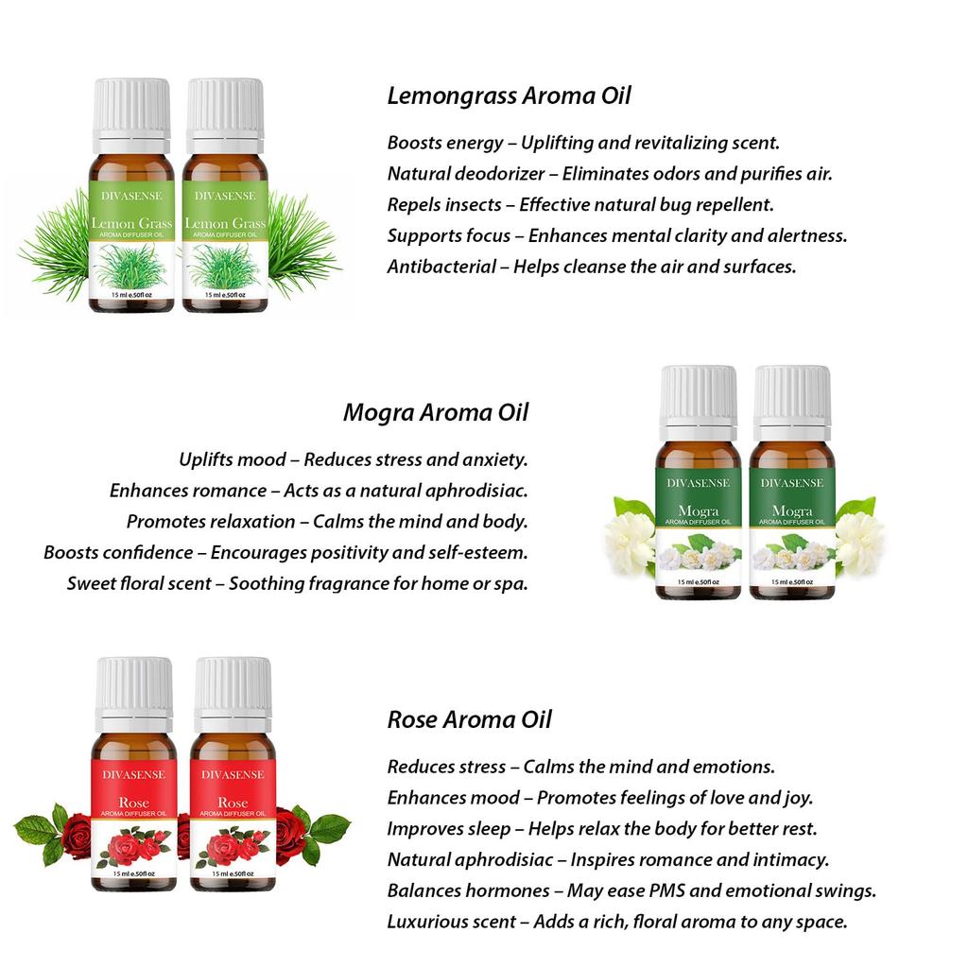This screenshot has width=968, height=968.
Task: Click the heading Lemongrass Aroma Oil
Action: pyautogui.click(x=509, y=96)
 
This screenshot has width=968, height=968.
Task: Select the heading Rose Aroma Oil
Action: pyautogui.click(x=469, y=719)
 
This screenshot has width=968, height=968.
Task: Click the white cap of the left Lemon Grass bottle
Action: pyautogui.click(x=131, y=108)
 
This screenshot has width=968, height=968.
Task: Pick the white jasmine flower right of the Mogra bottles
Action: pyautogui.click(x=858, y=541)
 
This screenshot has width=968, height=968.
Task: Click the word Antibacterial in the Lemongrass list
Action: pyautogui.click(x=441, y=267)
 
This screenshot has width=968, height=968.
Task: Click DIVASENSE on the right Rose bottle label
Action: pyautogui.click(x=233, y=774)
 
